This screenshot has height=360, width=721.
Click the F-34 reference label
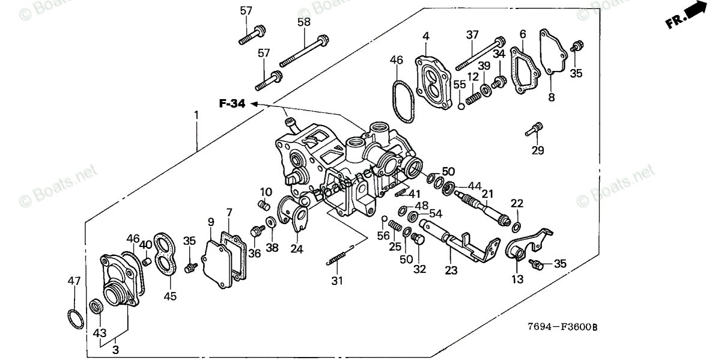231,104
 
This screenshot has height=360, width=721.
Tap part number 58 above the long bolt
304,22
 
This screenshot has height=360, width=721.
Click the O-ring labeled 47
74,317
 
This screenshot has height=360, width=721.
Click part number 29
538,150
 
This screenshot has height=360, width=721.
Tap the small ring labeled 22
516,226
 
